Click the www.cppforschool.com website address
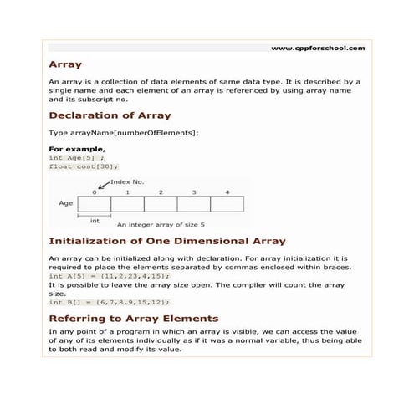[318, 49]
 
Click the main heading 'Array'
[65, 64]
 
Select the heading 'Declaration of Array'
[110, 115]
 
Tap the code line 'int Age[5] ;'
[77, 157]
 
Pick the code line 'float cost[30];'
[84, 166]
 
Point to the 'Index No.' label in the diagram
[127, 181]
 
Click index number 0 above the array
[95, 192]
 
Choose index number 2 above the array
[161, 192]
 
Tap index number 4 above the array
[227, 192]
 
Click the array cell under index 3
[193, 203]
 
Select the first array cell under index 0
[95, 203]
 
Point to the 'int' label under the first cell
[95, 221]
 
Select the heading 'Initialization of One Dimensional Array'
[167, 242]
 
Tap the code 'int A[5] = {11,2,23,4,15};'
[109, 276]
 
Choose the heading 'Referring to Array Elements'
[134, 319]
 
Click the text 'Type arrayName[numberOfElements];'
[124, 134]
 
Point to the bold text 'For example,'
[77, 149]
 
